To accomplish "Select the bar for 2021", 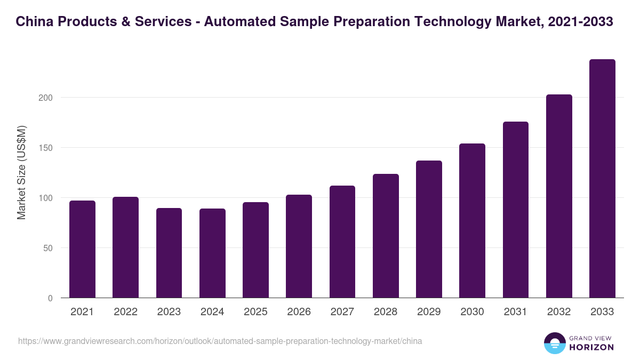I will [82, 250].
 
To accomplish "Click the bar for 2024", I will [212, 253].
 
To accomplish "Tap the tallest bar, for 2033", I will [602, 179].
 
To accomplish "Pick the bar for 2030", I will [472, 221].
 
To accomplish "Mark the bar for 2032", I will [559, 196].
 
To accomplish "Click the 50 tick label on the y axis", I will [49, 248].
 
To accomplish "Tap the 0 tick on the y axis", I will [51, 298].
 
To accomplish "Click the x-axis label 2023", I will [169, 312].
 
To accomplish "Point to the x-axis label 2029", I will [429, 312].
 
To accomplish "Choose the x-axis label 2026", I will [299, 312].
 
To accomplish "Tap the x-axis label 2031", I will [515, 312].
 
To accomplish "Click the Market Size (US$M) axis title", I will [21, 172].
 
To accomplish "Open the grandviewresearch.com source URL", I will [220, 341].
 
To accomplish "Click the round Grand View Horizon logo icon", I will [554, 343].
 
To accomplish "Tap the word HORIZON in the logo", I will [591, 347].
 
